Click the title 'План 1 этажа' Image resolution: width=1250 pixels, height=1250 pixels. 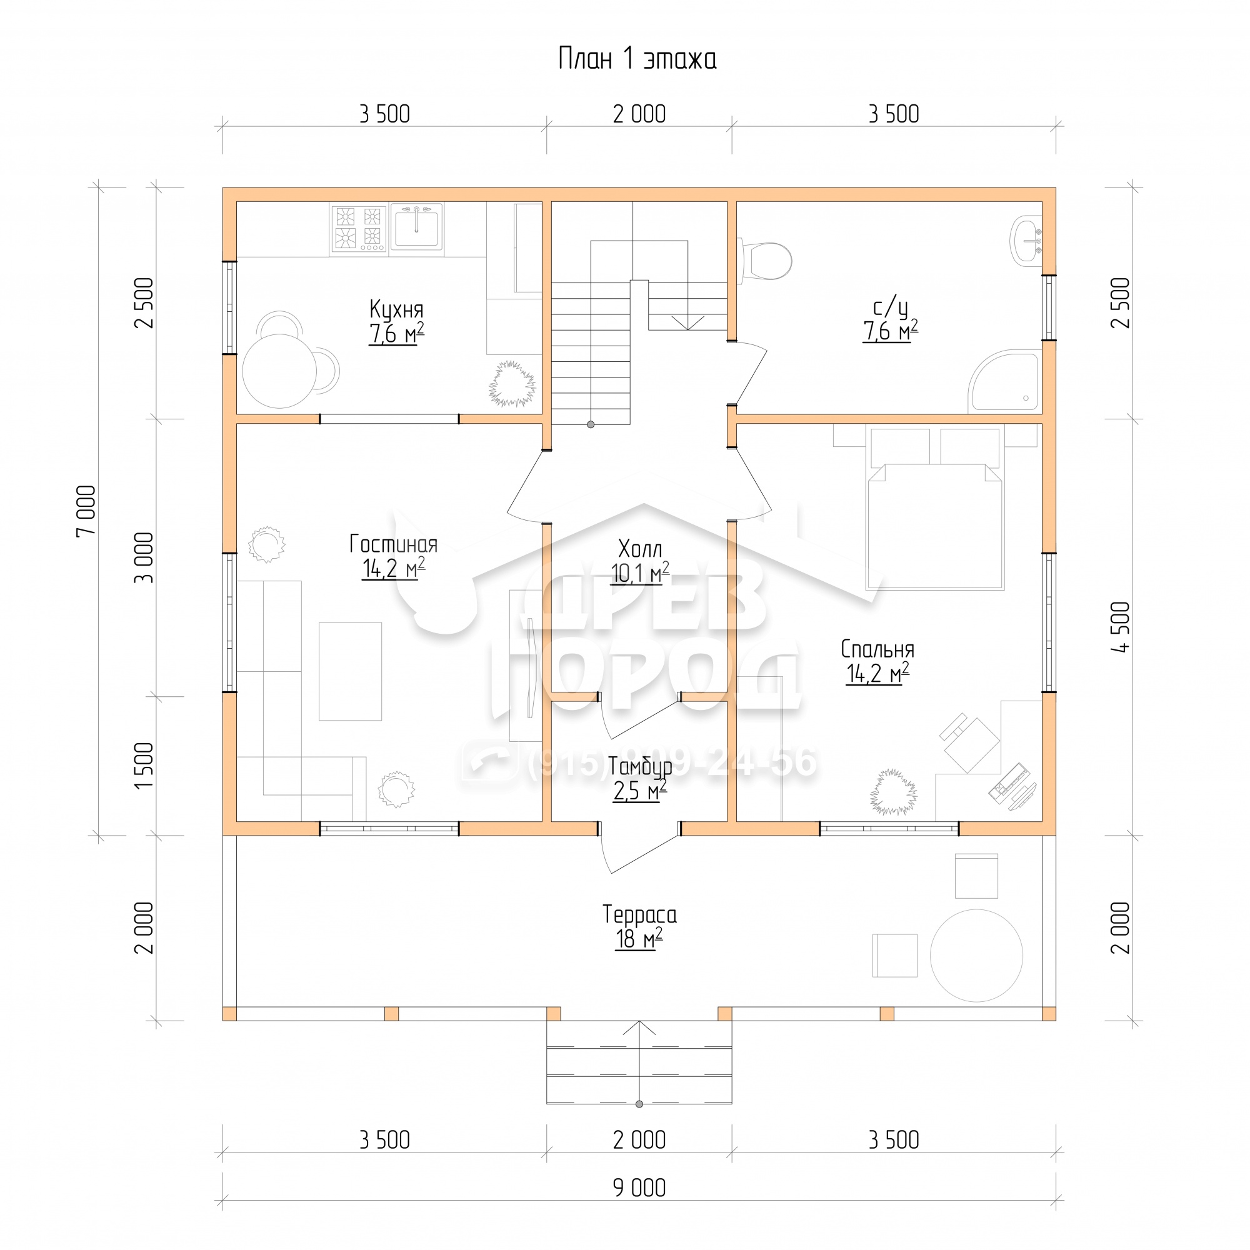click(x=637, y=59)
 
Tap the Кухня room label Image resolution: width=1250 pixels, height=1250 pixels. click(x=397, y=309)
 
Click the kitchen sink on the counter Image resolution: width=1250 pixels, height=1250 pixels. click(x=417, y=226)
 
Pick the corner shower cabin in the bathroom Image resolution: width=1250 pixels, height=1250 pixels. click(x=1005, y=381)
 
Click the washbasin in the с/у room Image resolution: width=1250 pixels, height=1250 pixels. click(x=1026, y=241)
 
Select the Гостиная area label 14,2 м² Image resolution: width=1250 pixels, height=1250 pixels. click(x=393, y=569)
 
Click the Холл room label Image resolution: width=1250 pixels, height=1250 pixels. click(x=640, y=549)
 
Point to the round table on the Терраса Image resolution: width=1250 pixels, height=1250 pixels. click(x=976, y=956)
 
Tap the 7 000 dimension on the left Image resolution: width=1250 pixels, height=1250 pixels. click(x=86, y=511)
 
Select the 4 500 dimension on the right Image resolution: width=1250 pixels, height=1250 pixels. click(x=1121, y=626)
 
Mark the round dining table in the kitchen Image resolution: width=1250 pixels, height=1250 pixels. click(x=279, y=371)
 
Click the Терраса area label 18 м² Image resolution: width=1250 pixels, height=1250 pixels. click(x=639, y=939)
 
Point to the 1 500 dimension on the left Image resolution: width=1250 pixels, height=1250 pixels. click(x=144, y=766)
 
